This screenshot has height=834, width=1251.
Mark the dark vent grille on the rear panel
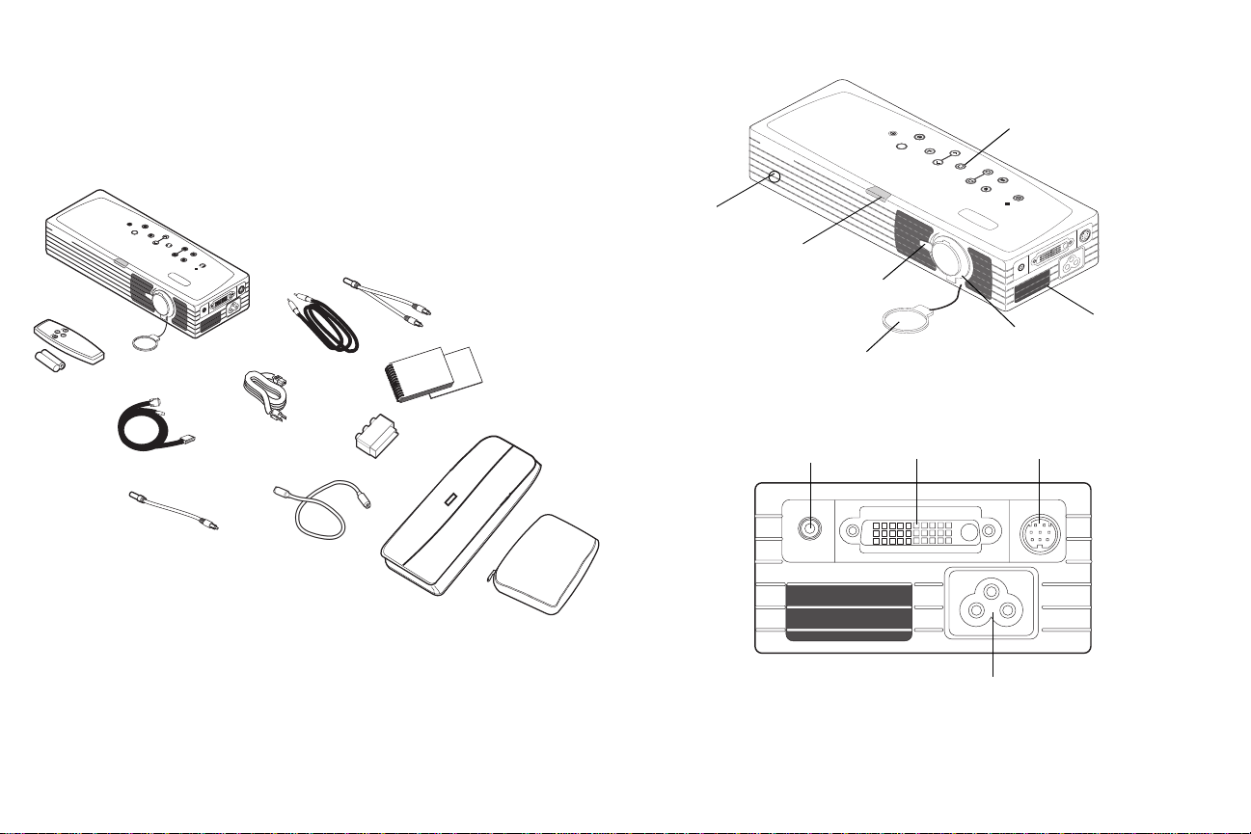click(848, 609)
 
